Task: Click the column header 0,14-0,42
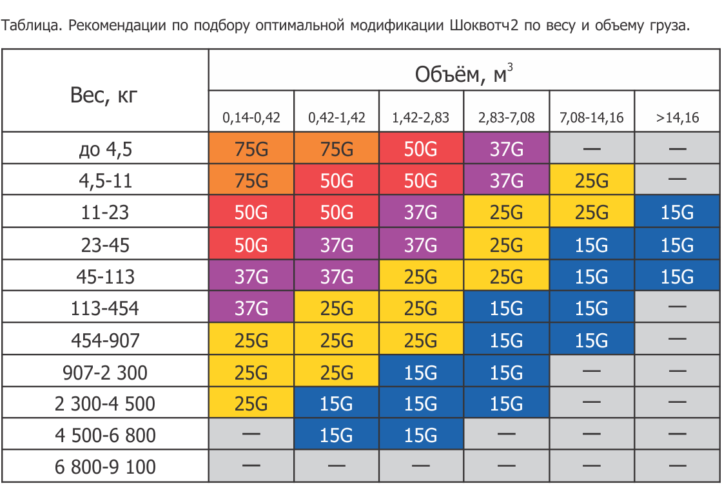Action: (x=251, y=118)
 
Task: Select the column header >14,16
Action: (x=677, y=118)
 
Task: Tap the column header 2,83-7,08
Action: (x=506, y=118)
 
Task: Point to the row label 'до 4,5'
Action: (x=105, y=149)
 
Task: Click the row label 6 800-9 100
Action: (x=105, y=467)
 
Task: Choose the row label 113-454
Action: (x=105, y=308)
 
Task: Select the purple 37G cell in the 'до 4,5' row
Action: (x=506, y=149)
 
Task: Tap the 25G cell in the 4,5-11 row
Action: (x=591, y=180)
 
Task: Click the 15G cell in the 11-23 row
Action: (x=677, y=212)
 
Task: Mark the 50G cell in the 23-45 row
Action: (x=251, y=244)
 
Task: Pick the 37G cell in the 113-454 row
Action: (x=251, y=308)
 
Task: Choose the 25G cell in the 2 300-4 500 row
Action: (x=251, y=403)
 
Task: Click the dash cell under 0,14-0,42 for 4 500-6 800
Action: (x=251, y=435)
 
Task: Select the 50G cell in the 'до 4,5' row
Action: (x=421, y=149)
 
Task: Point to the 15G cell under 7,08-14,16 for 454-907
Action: (x=591, y=340)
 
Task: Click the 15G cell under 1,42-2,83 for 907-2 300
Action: (x=421, y=372)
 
